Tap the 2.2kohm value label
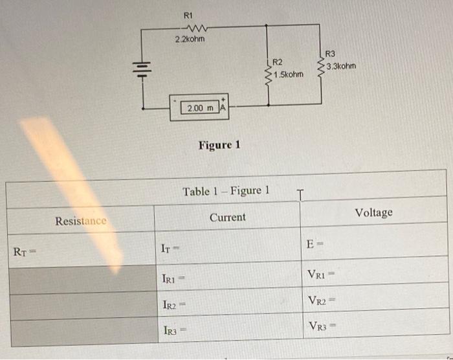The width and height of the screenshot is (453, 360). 190,40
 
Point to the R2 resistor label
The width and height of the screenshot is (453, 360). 278,62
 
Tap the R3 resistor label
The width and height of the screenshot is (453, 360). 330,54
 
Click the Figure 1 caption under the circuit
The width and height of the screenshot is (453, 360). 219,144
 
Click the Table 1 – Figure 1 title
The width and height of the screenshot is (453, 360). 225,191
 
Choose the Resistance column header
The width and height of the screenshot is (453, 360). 81,221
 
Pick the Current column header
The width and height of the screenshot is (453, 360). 227,218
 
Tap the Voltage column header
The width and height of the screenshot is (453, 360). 373,212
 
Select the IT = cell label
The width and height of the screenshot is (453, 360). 170,248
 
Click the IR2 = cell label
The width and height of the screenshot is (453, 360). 173,305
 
